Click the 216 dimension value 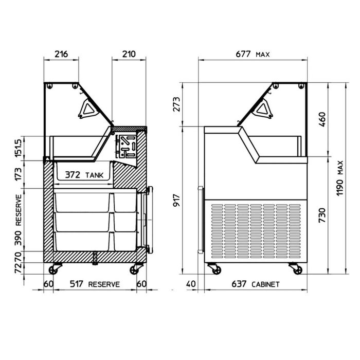(61, 54)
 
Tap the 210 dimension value (129, 54)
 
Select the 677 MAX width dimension (253, 54)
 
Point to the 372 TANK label (84, 175)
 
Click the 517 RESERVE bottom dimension (95, 284)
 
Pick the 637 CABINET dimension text (256, 284)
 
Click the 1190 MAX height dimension (340, 178)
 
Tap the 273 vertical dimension (176, 104)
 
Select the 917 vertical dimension (176, 200)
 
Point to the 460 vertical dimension (322, 119)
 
